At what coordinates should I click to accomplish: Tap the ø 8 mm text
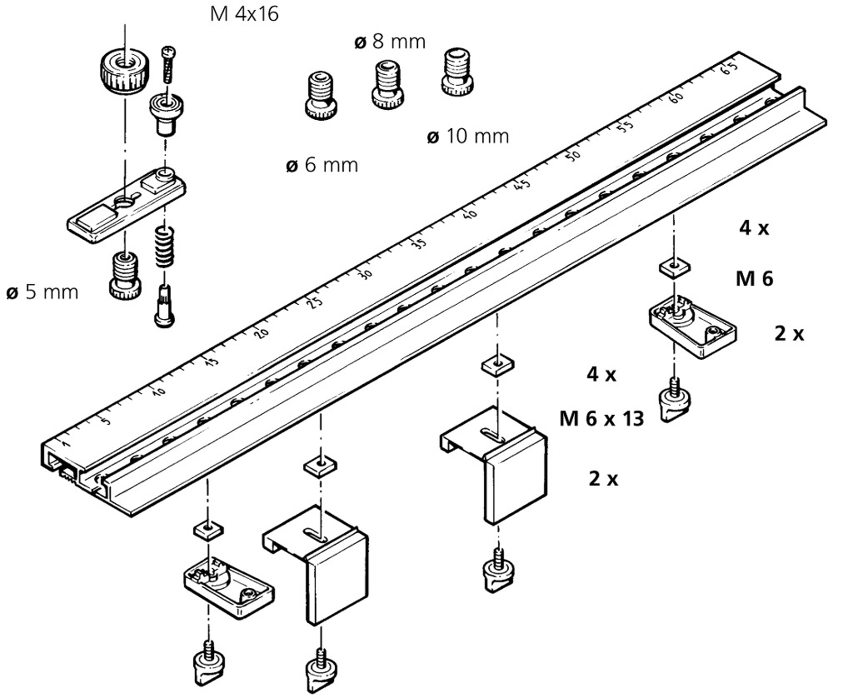point(390,41)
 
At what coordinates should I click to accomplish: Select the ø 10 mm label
point(467,137)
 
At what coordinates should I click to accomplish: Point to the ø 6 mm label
point(322,165)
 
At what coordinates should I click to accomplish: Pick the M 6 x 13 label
point(602,419)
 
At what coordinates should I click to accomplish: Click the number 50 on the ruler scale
point(572,156)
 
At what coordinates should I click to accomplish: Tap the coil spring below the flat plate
point(166,246)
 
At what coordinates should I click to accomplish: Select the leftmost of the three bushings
point(321,95)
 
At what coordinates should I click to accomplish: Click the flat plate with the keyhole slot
point(125,204)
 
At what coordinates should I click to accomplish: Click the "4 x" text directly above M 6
point(753,228)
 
